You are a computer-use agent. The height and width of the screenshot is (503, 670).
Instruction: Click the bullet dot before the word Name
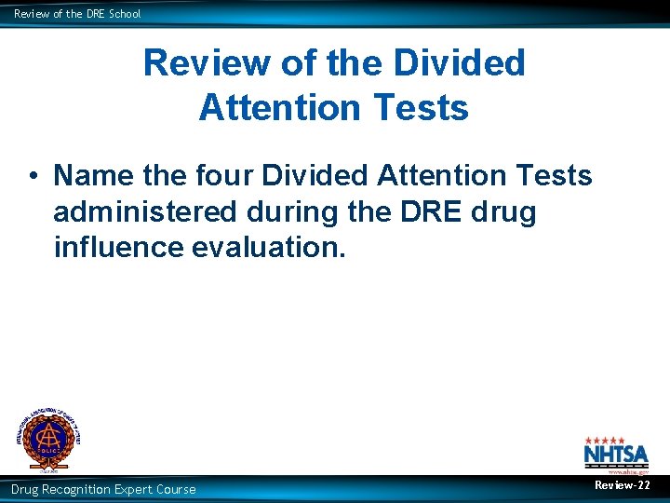(32, 175)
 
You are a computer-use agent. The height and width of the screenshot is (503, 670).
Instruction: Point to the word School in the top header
(124, 14)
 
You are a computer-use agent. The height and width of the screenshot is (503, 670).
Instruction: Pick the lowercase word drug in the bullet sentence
(503, 212)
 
